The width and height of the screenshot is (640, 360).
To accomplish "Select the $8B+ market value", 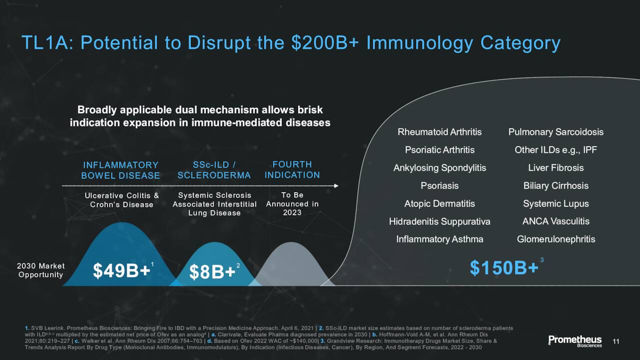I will pos(212,271).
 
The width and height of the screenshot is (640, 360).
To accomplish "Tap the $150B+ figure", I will pos(504,268).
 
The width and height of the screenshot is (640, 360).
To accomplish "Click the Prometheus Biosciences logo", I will pos(575,341).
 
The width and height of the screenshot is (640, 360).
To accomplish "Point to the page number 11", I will pos(616,341).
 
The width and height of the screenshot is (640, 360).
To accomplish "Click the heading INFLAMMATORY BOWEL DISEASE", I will pos(120,170).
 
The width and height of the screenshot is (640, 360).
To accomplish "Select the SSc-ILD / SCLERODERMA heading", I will pos(214,170).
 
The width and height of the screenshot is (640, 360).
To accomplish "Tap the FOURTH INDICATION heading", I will pos(292,169).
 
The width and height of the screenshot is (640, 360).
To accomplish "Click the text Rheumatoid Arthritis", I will pos(439,132).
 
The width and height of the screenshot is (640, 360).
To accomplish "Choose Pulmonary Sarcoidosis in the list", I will pos(555,132).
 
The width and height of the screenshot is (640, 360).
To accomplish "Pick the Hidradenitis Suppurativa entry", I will pos(439,221).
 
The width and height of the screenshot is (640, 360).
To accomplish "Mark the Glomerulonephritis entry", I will pos(555,239).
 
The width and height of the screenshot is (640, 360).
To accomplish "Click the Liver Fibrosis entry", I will pos(555,167).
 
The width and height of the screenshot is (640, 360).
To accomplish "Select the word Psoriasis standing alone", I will pos(439,185).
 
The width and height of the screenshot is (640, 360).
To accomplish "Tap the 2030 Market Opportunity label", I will pos(40,270).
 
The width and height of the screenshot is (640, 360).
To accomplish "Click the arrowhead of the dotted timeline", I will pos(336,186).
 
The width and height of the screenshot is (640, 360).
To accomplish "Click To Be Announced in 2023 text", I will pos(292,203).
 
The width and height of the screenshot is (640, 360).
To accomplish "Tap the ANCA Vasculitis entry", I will pos(555,221).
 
